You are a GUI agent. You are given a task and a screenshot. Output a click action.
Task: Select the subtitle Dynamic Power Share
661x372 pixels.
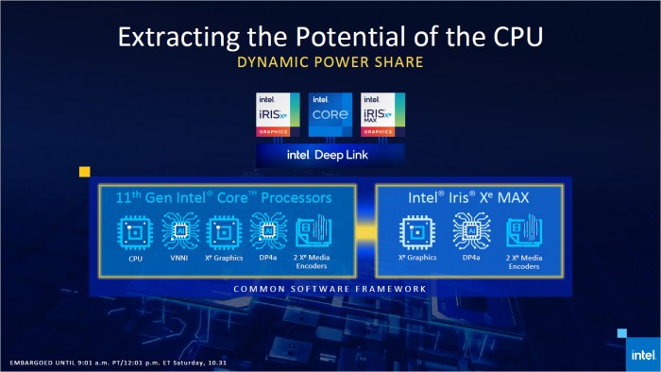[x=330, y=66]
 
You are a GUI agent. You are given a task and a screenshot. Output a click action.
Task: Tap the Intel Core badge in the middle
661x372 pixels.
[x=330, y=117]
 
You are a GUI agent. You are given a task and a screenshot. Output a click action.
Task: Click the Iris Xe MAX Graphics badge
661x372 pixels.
[x=382, y=117]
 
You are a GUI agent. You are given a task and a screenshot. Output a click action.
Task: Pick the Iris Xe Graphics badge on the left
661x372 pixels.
[x=278, y=117]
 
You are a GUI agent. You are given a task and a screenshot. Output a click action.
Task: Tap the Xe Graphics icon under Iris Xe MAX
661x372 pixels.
[x=416, y=232]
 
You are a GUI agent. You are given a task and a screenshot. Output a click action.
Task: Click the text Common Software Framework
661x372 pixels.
[x=330, y=288]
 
